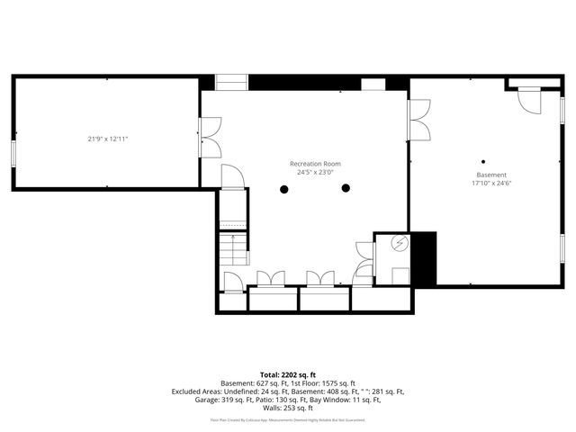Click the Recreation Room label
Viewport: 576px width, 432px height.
pyautogui.click(x=315, y=164)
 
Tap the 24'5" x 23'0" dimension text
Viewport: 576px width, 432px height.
pyautogui.click(x=315, y=172)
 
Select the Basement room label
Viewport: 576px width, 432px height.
pyautogui.click(x=491, y=175)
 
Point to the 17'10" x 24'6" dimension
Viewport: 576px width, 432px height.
pyautogui.click(x=491, y=183)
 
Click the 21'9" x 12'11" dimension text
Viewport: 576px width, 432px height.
pyautogui.click(x=108, y=139)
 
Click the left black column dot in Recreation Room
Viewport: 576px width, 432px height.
pyautogui.click(x=284, y=189)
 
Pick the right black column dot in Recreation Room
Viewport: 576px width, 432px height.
pyautogui.click(x=346, y=188)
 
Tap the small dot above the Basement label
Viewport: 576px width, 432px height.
pyautogui.click(x=483, y=162)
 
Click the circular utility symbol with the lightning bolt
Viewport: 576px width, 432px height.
pyautogui.click(x=400, y=243)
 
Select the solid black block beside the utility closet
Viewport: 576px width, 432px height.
pyautogui.click(x=423, y=258)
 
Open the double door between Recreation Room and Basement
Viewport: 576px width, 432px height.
pyautogui.click(x=418, y=121)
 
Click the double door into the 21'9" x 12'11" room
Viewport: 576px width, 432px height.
pyautogui.click(x=211, y=139)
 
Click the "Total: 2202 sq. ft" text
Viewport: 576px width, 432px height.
pyautogui.click(x=288, y=374)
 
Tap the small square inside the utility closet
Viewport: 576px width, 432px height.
pyautogui.click(x=399, y=275)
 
